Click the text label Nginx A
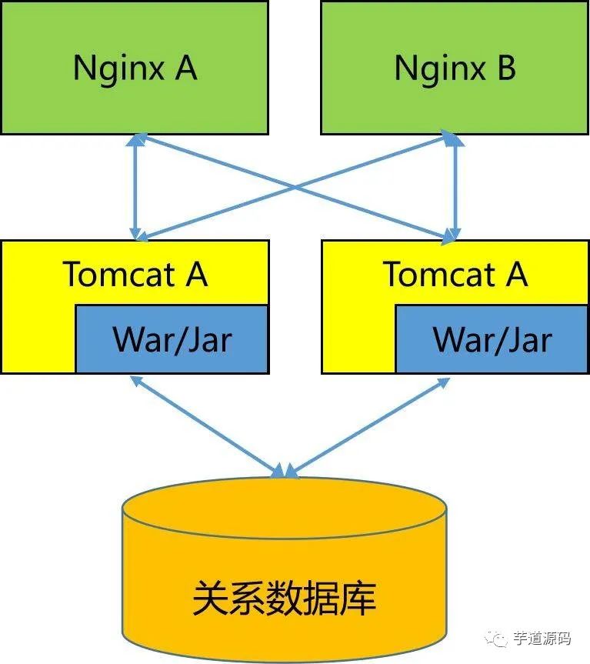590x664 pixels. point(135,68)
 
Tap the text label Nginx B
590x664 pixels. point(455,68)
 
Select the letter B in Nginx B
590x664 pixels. point(505,68)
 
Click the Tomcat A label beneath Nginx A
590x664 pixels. point(135,274)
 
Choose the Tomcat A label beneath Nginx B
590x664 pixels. point(455,274)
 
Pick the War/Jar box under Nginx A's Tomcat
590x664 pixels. point(172,339)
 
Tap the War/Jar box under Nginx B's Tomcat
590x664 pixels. point(492,339)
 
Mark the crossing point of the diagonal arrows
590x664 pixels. point(295,186)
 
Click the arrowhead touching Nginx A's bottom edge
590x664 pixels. point(137,140)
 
